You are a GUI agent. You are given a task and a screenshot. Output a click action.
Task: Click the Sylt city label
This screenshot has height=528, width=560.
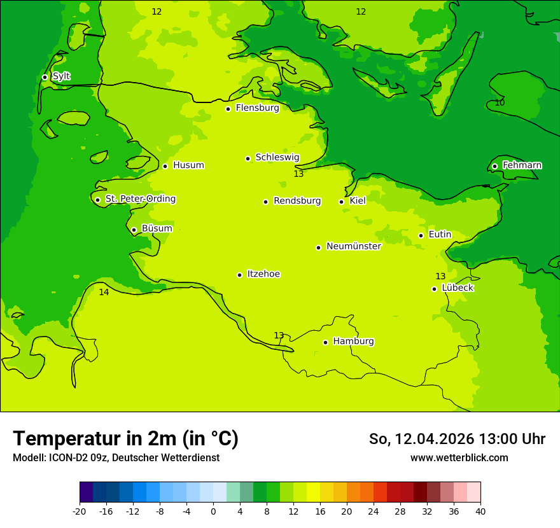61,76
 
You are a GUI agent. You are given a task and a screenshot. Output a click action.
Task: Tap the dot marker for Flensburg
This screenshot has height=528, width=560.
228,109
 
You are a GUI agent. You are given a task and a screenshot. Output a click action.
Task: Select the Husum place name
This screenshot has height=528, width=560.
188,165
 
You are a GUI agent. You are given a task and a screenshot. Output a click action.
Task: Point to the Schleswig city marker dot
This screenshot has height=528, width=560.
248,158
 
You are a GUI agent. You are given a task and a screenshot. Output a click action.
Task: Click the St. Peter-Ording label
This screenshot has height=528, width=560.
140,199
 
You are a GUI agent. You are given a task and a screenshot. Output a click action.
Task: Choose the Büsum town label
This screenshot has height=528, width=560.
157,229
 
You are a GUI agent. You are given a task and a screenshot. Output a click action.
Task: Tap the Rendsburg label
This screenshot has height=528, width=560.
297,201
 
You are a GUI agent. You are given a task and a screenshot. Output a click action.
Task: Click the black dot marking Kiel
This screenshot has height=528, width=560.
341,202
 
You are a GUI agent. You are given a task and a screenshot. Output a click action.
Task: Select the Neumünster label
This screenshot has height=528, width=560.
354,247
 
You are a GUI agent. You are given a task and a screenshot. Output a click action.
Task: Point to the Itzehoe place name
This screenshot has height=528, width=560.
263,274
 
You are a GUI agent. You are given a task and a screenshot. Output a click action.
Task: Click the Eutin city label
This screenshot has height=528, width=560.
440,235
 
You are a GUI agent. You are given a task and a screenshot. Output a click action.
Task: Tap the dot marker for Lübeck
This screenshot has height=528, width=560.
434,289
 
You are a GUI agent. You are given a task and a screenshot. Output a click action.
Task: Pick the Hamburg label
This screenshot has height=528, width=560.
353,342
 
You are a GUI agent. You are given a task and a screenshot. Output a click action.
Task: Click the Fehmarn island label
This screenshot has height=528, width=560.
522,165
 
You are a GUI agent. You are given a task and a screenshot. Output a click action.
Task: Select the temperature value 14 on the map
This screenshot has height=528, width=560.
104,293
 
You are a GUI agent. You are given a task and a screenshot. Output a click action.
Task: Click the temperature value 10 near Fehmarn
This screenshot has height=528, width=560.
500,102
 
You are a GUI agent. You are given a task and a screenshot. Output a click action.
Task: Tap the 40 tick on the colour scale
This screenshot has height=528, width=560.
480,511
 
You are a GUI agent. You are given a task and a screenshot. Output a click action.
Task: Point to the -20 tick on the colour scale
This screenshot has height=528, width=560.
80,511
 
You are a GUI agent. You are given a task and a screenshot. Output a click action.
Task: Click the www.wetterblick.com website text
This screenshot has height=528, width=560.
459,458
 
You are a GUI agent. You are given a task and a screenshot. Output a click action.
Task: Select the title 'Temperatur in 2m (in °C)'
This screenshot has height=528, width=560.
125,439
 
